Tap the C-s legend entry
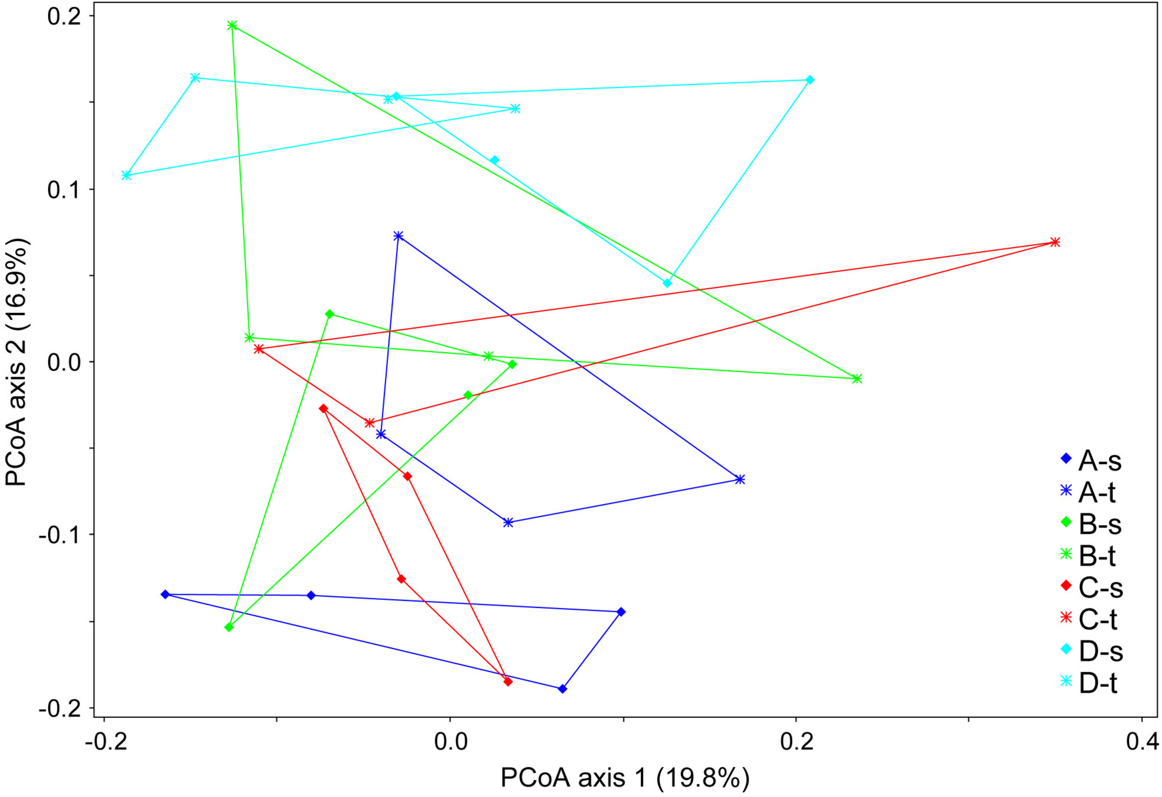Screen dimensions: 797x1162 coord(1092,588)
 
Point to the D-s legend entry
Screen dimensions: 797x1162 coord(1092,652)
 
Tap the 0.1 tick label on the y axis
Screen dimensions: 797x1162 coord(64,190)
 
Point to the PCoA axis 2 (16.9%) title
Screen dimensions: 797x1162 coord(18,362)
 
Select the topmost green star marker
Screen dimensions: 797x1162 coord(232,26)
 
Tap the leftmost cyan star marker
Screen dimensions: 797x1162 coord(126,176)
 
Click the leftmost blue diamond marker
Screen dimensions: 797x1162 coord(165,594)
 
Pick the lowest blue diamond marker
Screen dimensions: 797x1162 coord(562,689)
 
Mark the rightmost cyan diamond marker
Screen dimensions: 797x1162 coord(810,80)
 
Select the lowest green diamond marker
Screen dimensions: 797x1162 coord(229,627)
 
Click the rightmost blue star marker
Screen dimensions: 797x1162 coord(740,480)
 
